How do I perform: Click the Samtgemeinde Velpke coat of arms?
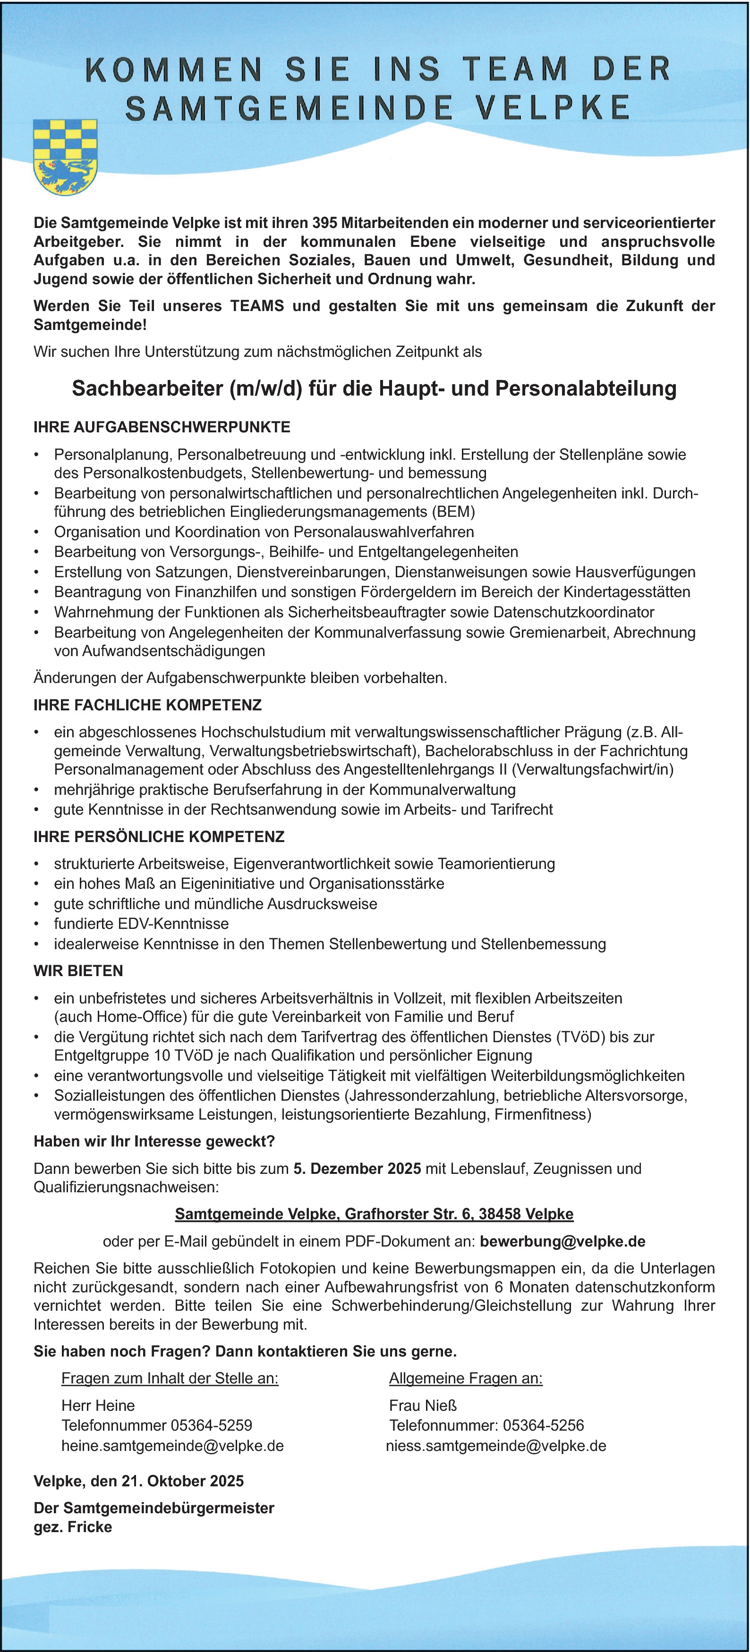click(65, 157)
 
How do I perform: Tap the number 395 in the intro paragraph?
click(325, 223)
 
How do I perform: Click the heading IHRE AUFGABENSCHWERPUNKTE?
click(162, 427)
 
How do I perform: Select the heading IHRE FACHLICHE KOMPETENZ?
click(147, 706)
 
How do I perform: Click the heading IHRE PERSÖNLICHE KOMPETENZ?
click(159, 837)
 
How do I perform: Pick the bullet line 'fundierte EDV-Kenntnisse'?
click(141, 924)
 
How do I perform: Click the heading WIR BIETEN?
click(78, 971)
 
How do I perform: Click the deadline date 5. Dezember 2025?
click(358, 1169)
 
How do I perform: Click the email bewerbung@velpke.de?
click(562, 1241)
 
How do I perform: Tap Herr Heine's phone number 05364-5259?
click(212, 1425)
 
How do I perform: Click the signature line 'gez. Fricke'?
click(73, 1527)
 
